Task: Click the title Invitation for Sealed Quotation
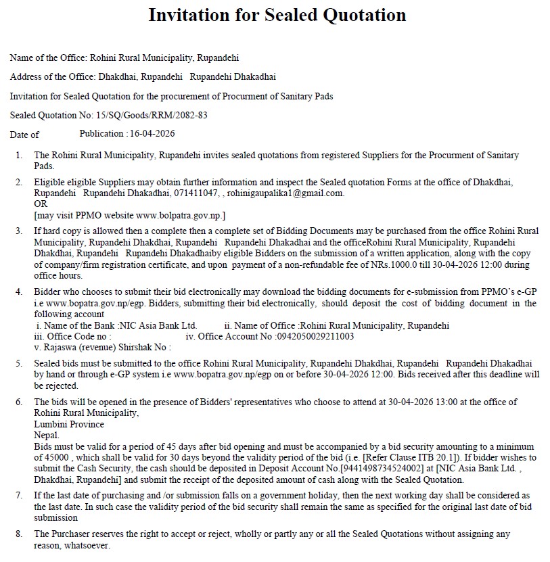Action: [277, 15]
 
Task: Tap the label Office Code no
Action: [74, 336]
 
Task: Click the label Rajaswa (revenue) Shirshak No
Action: [102, 347]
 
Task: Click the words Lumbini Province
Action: [69, 424]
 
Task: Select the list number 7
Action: [19, 496]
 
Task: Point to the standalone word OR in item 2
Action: [41, 204]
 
